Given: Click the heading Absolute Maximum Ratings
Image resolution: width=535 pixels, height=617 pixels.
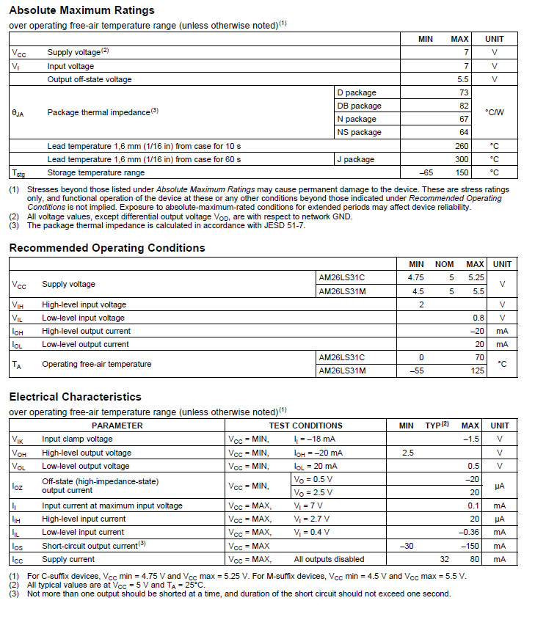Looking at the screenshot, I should (x=81, y=10).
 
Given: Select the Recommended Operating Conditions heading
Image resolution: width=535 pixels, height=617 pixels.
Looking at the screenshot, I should (x=107, y=248).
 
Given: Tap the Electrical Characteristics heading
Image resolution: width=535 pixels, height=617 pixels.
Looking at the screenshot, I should (x=75, y=397).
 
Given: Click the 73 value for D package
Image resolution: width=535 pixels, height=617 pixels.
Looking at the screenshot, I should (x=464, y=92).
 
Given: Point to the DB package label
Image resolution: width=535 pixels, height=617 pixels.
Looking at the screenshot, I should (x=359, y=106).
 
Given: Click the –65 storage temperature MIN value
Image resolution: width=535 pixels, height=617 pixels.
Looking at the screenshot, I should (x=425, y=172).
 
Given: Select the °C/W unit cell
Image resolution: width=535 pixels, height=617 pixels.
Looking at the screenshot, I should (x=494, y=112).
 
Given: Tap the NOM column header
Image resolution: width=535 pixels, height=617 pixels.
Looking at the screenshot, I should (x=445, y=264).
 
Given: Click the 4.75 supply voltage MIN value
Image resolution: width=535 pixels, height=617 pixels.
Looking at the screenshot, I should (x=416, y=277).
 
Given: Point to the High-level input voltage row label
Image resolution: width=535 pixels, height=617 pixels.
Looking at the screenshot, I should (x=84, y=304).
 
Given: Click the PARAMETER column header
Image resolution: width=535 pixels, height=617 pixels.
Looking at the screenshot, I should (x=117, y=426).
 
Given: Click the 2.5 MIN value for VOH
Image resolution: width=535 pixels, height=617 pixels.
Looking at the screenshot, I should (x=408, y=453).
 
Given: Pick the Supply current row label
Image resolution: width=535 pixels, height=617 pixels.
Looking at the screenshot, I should (x=68, y=559).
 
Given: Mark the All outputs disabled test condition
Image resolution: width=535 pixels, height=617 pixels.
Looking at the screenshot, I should (x=329, y=559).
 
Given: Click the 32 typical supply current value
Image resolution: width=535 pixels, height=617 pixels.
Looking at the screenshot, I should (x=444, y=559).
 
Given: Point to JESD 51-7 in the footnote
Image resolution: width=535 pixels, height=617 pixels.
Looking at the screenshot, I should (x=280, y=225).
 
